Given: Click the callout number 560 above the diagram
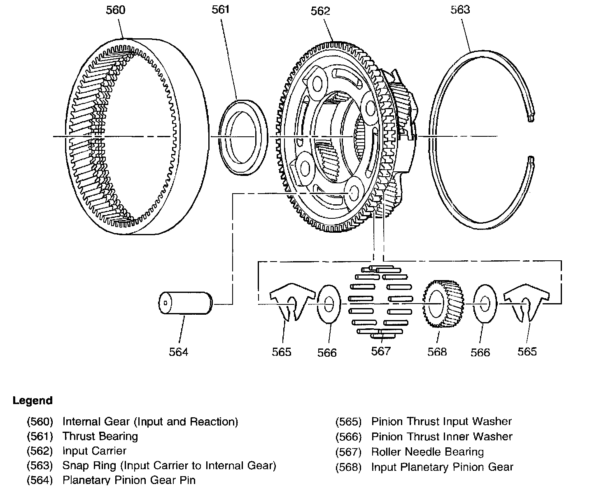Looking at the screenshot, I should tap(115, 9).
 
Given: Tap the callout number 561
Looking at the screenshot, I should tap(220, 9).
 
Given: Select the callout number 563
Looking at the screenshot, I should tap(460, 9).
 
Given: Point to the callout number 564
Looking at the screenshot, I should tap(178, 352).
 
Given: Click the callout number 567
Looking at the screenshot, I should tap(380, 351).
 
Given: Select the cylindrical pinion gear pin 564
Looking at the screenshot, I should tap(185, 304).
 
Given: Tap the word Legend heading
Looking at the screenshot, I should tap(33, 400).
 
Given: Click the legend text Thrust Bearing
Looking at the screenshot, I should tap(100, 436).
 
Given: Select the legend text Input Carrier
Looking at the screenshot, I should tap(94, 451).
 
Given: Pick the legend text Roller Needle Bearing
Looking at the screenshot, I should tap(427, 452).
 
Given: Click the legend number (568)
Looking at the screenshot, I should tap(348, 467).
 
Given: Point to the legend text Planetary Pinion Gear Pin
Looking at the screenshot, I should tap(129, 480).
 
